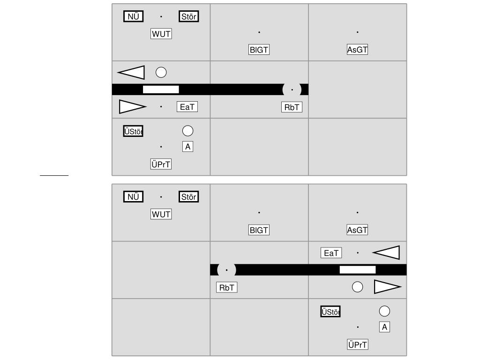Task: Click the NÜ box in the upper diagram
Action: point(133,16)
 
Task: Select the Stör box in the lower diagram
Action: point(188,197)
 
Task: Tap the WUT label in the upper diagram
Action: point(161,34)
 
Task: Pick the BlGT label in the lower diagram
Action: point(259,230)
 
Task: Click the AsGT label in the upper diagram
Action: point(357,50)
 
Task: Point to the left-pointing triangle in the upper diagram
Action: point(131,73)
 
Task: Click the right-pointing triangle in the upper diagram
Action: point(133,107)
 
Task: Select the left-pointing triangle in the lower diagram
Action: point(386,253)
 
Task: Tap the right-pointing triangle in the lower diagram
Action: point(388,287)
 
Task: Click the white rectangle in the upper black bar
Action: point(161,90)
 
